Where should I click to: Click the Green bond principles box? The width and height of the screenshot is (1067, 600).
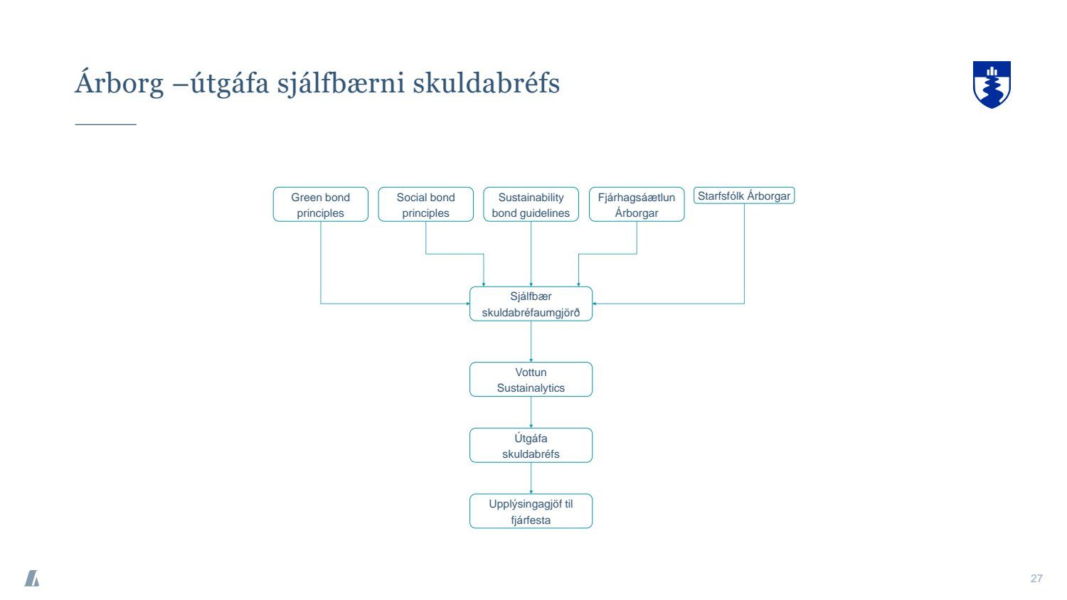[x=320, y=205]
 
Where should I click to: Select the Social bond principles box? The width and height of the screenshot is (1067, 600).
[x=425, y=205]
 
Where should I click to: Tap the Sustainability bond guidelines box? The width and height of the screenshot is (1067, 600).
[x=531, y=205]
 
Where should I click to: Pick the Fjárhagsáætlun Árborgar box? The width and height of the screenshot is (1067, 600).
[x=636, y=205]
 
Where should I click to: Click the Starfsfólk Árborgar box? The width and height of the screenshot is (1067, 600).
[x=743, y=196]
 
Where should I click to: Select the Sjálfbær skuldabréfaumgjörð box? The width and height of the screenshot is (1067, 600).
[x=531, y=304]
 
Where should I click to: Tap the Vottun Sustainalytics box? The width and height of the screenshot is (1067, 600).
[x=531, y=380]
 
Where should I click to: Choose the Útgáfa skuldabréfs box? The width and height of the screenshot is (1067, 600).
[x=531, y=446]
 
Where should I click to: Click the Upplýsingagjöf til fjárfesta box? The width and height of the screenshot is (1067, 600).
[x=531, y=512]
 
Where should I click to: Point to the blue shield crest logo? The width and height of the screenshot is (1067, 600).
[x=992, y=84]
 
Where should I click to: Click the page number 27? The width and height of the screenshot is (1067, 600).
[x=1036, y=579]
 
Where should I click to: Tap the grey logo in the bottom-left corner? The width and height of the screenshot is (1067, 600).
[x=32, y=579]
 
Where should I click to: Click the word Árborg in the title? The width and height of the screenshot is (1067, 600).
[x=119, y=84]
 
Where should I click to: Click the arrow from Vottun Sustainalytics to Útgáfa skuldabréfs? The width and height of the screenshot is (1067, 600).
[x=531, y=412]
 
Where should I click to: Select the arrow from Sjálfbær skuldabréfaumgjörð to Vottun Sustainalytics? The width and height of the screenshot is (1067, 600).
[x=531, y=342]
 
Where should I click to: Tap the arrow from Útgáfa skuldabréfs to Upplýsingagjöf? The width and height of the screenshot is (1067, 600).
[x=531, y=478]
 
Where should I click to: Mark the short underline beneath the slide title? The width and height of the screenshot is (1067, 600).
[x=105, y=124]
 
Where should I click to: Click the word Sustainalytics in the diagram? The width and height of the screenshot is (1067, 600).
[x=531, y=388]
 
